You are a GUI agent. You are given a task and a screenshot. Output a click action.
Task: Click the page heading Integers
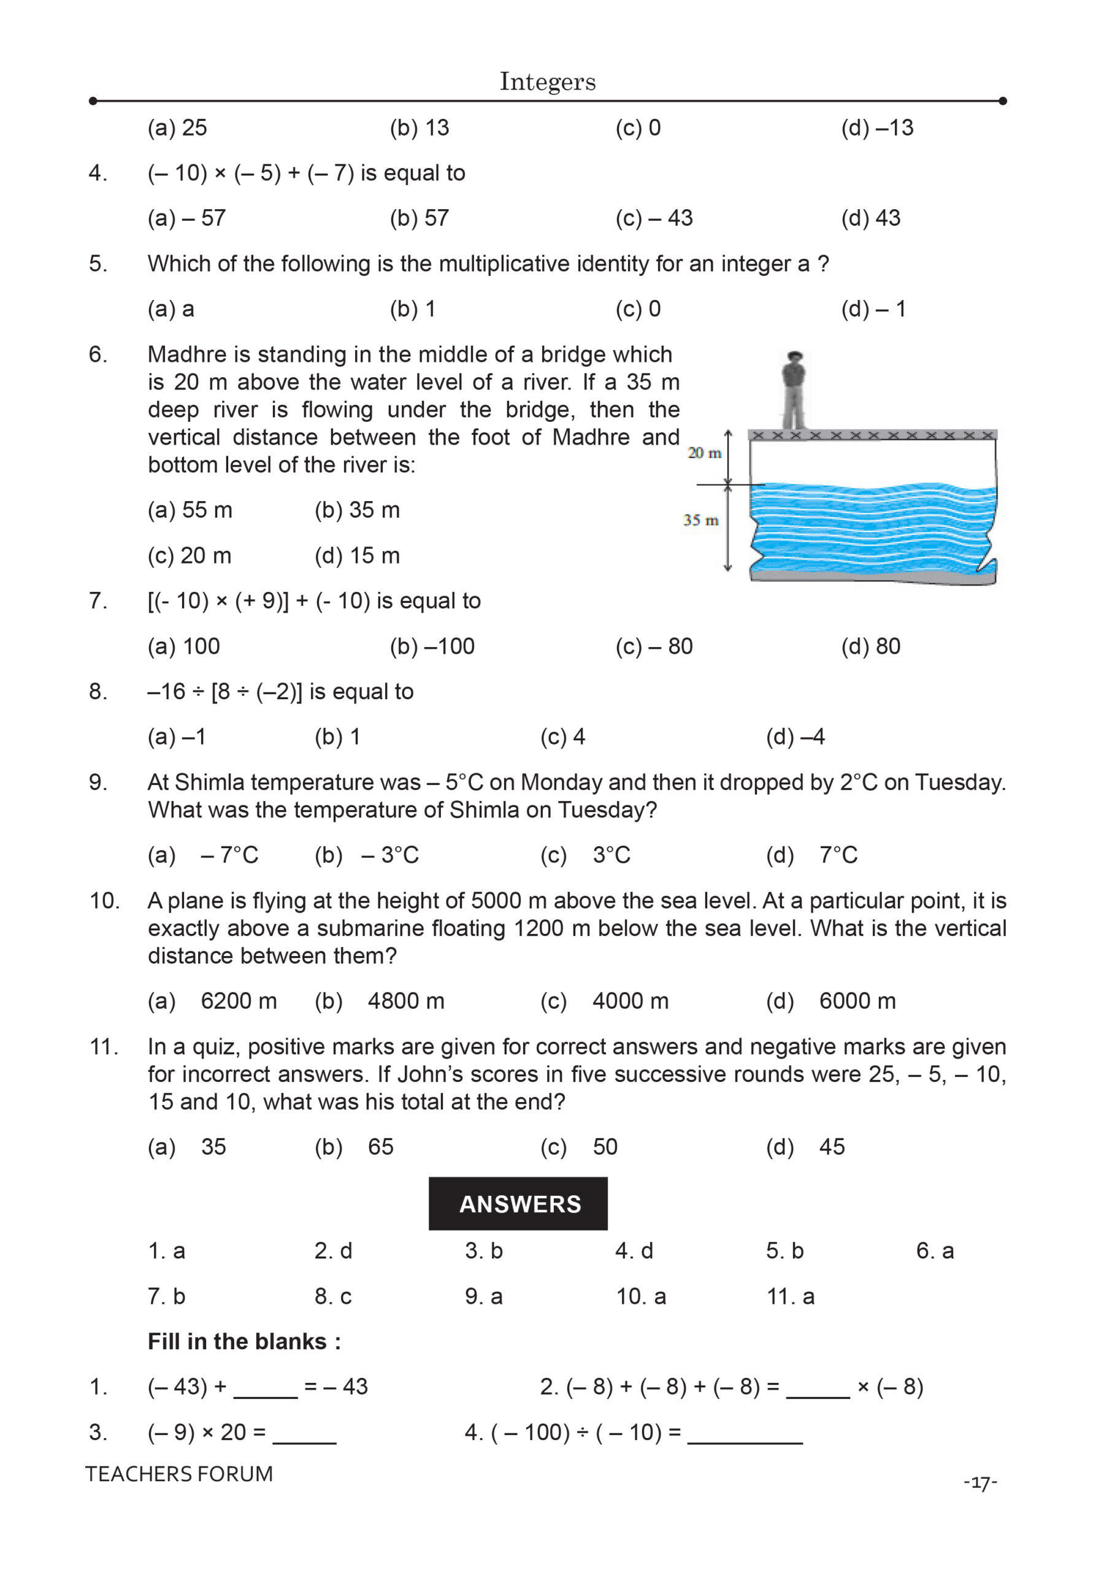(547, 82)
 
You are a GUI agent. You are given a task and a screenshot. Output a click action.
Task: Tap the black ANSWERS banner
(518, 1203)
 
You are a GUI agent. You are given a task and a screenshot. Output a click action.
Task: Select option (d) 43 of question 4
(870, 218)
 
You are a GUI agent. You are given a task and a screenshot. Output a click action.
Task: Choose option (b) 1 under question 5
(412, 309)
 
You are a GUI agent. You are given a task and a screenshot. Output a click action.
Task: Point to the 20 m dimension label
(704, 453)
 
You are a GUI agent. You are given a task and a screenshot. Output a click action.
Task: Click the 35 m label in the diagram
(701, 521)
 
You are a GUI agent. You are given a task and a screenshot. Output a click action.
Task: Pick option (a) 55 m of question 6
(190, 510)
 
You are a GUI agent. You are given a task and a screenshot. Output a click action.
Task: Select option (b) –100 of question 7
(432, 646)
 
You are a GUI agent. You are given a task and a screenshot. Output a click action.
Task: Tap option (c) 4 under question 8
(562, 737)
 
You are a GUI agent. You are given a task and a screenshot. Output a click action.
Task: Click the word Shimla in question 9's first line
(205, 783)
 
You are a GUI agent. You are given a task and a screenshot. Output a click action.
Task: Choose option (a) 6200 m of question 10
(212, 1001)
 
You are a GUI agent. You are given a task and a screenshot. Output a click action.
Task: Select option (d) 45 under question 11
(805, 1147)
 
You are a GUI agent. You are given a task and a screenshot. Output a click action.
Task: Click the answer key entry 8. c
(333, 1296)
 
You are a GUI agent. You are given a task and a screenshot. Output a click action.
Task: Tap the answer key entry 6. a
(935, 1250)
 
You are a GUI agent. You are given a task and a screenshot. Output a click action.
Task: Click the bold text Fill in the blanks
(244, 1342)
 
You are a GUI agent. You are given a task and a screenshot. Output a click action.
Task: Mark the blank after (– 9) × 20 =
(304, 1433)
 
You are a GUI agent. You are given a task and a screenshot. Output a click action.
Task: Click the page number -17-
(981, 1482)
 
